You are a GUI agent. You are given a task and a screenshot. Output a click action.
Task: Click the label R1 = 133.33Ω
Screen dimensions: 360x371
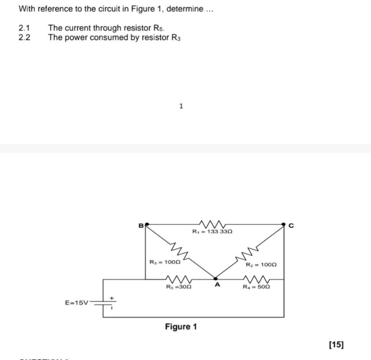point(213,232)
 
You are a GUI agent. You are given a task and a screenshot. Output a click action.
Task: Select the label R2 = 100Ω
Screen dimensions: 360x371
point(261,264)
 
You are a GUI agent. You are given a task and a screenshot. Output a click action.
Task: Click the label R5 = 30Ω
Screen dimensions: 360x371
point(179,286)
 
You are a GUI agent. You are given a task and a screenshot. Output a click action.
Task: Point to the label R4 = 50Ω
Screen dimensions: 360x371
point(257,286)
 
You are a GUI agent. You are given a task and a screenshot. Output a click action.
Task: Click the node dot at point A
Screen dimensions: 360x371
point(215,279)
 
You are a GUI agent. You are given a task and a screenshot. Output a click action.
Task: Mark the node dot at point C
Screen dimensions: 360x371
point(283,224)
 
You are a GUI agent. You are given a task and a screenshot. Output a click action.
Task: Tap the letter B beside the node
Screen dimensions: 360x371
point(140,225)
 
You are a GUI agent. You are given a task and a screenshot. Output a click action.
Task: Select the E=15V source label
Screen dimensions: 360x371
point(76,303)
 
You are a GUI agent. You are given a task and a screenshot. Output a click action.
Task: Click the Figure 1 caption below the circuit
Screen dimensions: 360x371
point(181,327)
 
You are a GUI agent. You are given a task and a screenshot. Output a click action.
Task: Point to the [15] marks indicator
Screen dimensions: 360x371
point(336,345)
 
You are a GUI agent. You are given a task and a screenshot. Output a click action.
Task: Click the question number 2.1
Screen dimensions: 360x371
point(24,28)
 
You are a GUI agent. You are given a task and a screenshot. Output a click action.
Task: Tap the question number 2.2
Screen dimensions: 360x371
point(24,37)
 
